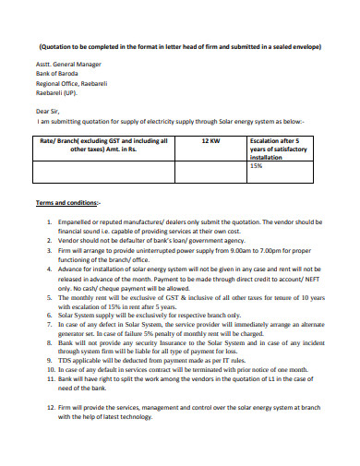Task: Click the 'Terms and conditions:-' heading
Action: click(70, 202)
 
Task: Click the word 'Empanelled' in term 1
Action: click(79, 222)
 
